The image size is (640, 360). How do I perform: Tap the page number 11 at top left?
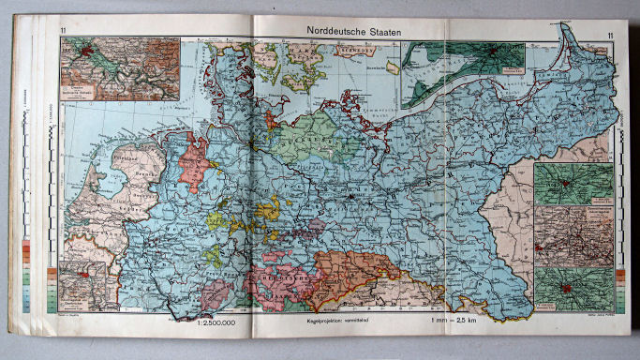(63, 37)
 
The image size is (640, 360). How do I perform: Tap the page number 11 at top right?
(609, 37)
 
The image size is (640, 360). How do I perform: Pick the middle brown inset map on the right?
(574, 236)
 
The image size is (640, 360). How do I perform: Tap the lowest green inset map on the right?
(574, 289)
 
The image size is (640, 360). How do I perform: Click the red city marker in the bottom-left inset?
(90, 277)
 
